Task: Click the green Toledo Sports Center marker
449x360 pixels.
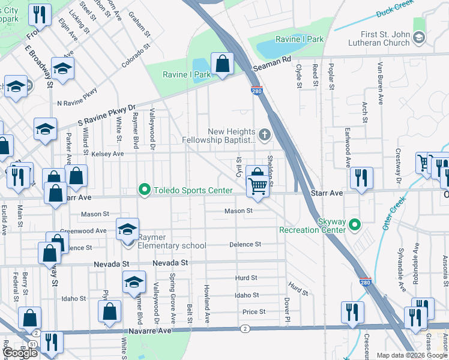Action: click(x=144, y=190)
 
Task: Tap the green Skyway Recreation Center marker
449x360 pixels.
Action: click(x=355, y=225)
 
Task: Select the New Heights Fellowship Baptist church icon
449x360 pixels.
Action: click(x=264, y=132)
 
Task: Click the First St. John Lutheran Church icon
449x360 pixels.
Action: click(x=419, y=38)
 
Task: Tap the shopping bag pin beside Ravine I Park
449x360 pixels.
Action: click(x=222, y=64)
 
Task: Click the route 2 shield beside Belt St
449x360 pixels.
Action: click(x=245, y=329)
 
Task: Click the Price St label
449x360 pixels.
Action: click(x=254, y=312)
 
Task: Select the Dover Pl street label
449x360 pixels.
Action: click(x=287, y=308)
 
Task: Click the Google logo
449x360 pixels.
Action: click(x=20, y=353)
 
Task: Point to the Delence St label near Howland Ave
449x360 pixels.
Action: click(x=245, y=244)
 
